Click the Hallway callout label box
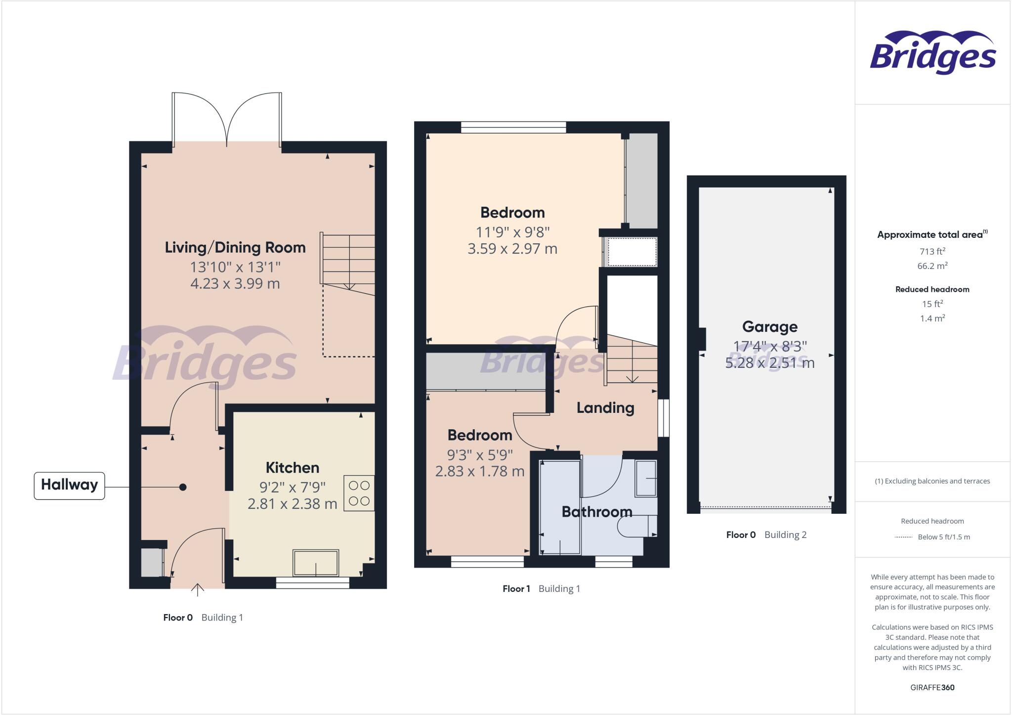[x=69, y=485]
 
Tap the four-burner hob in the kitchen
[x=359, y=493]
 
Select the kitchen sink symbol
[x=316, y=563]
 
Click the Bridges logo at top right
[x=932, y=53]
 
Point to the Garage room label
[x=769, y=327]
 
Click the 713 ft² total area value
[x=932, y=251]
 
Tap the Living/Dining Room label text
[x=235, y=248]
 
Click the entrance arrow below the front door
[x=198, y=590]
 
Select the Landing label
[x=605, y=408]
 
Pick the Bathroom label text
[x=597, y=512]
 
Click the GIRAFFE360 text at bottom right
[x=932, y=687]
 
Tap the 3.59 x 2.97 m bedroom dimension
[x=512, y=249]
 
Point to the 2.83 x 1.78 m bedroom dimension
[x=479, y=471]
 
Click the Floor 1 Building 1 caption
[x=541, y=588]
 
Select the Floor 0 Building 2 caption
[x=766, y=535]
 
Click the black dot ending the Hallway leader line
[x=183, y=488]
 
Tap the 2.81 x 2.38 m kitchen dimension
[x=292, y=504]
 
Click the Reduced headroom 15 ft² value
[x=932, y=304]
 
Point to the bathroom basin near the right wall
[x=645, y=478]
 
